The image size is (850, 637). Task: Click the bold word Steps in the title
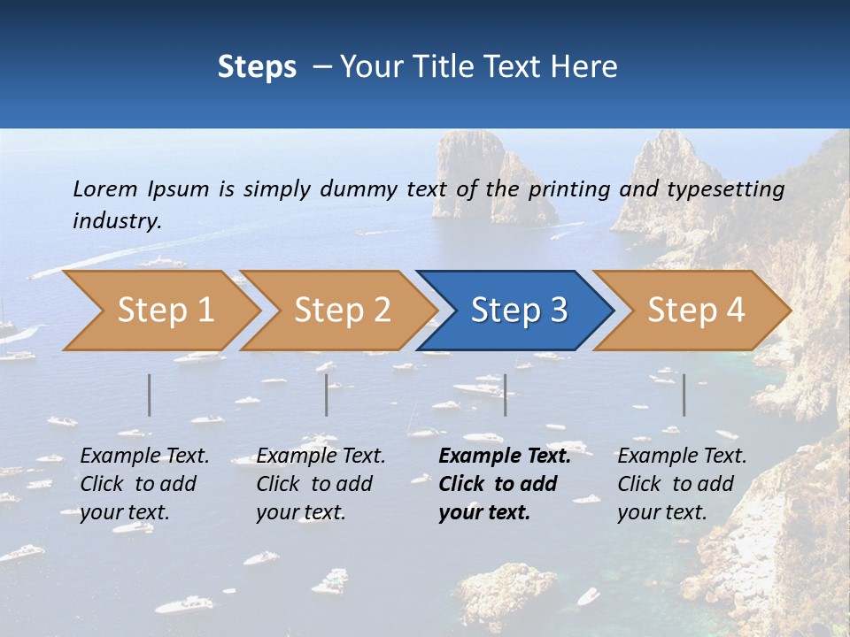257,67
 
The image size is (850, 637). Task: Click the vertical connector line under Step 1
150,395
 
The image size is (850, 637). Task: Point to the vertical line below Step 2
327,395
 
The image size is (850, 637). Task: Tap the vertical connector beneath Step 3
505,395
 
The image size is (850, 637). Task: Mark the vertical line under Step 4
684,395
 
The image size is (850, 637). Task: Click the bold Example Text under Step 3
505,484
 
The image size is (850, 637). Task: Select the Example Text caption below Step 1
144,484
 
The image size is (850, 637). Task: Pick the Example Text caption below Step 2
321,484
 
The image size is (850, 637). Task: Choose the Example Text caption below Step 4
682,484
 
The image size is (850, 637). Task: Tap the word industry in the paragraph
117,221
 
